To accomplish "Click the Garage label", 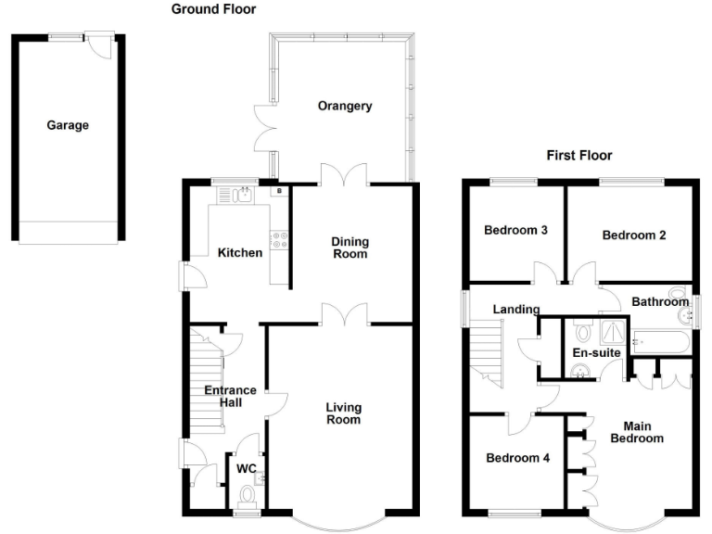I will click(68, 125).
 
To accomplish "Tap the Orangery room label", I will click(345, 106).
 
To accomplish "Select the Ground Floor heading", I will click(214, 9).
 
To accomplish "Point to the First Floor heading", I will click(579, 155).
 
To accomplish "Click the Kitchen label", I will click(240, 252).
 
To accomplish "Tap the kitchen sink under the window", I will click(244, 195).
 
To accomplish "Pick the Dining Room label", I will click(350, 248).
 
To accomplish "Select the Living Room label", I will click(343, 413).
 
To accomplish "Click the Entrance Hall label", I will click(230, 397).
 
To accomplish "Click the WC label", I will click(246, 469).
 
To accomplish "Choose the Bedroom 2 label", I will click(634, 235).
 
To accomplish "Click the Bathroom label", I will click(660, 301).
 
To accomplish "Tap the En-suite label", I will click(597, 353).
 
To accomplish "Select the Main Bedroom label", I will click(637, 432).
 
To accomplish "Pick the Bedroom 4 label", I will click(513, 458).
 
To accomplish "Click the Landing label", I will click(516, 310).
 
